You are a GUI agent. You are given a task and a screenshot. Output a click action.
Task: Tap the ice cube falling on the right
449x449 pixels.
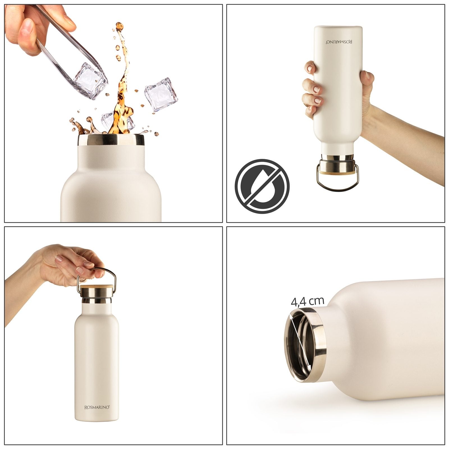pos(161,95)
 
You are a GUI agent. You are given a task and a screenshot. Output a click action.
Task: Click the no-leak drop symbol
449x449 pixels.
pos(262,186)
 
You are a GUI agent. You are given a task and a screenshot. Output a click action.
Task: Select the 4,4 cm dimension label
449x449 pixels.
pos(308,301)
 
